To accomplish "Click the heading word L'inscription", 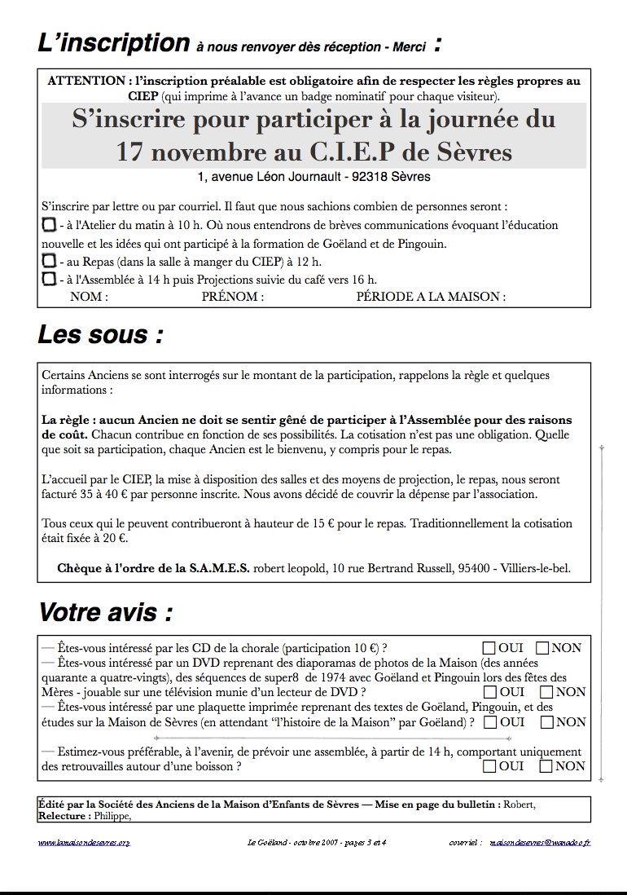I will (x=113, y=43).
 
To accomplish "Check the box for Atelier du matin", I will (x=49, y=224).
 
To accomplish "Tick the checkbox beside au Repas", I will (x=49, y=261).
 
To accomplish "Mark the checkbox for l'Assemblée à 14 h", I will (x=49, y=279).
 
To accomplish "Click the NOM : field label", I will (x=89, y=297).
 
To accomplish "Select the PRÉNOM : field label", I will (x=232, y=297).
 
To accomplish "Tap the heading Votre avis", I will (x=105, y=612).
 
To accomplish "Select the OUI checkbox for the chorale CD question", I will (x=489, y=648).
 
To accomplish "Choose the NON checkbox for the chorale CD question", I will (x=543, y=648).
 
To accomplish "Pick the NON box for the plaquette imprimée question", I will (x=547, y=722).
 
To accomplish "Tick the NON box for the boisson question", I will (x=546, y=766).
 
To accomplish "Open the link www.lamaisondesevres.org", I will (x=84, y=842).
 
